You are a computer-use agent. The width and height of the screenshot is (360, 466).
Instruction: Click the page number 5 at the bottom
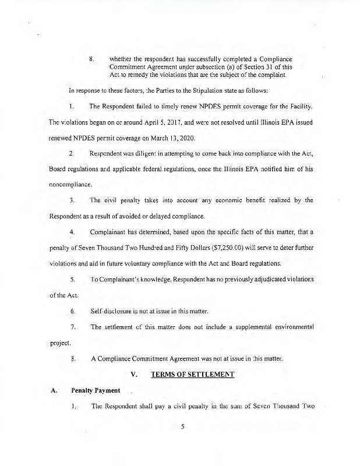[x=182, y=426]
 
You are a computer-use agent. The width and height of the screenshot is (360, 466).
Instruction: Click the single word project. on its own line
[x=57, y=343]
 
